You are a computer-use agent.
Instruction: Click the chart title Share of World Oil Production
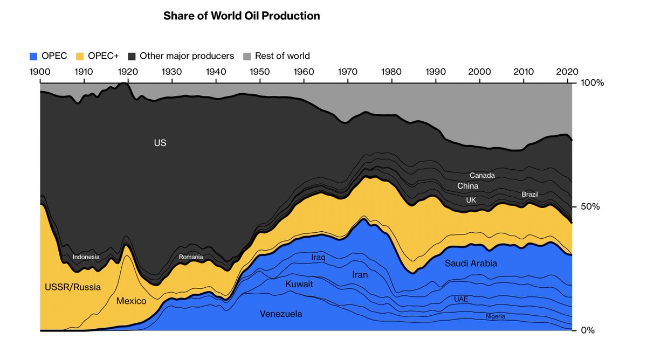[x=242, y=16]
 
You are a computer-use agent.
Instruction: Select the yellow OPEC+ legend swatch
[x=79, y=56]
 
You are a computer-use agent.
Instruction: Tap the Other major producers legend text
[x=187, y=56]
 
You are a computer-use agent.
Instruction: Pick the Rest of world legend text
[x=282, y=56]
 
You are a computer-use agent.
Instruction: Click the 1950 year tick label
[x=260, y=72]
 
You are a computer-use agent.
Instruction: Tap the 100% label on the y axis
[x=591, y=83]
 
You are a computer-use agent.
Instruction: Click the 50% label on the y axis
[x=589, y=207]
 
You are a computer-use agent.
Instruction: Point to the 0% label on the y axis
[x=587, y=330]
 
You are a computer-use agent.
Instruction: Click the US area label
[x=160, y=143]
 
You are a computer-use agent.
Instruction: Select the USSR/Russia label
[x=72, y=287]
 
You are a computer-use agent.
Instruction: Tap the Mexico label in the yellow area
[x=131, y=301]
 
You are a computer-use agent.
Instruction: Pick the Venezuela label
[x=281, y=314]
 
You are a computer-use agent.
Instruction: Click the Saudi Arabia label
[x=471, y=264]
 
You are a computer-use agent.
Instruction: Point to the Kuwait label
[x=299, y=283]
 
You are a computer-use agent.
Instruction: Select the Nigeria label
[x=495, y=316]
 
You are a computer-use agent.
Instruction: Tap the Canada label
[x=482, y=175]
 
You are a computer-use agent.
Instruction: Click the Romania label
[x=191, y=257]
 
